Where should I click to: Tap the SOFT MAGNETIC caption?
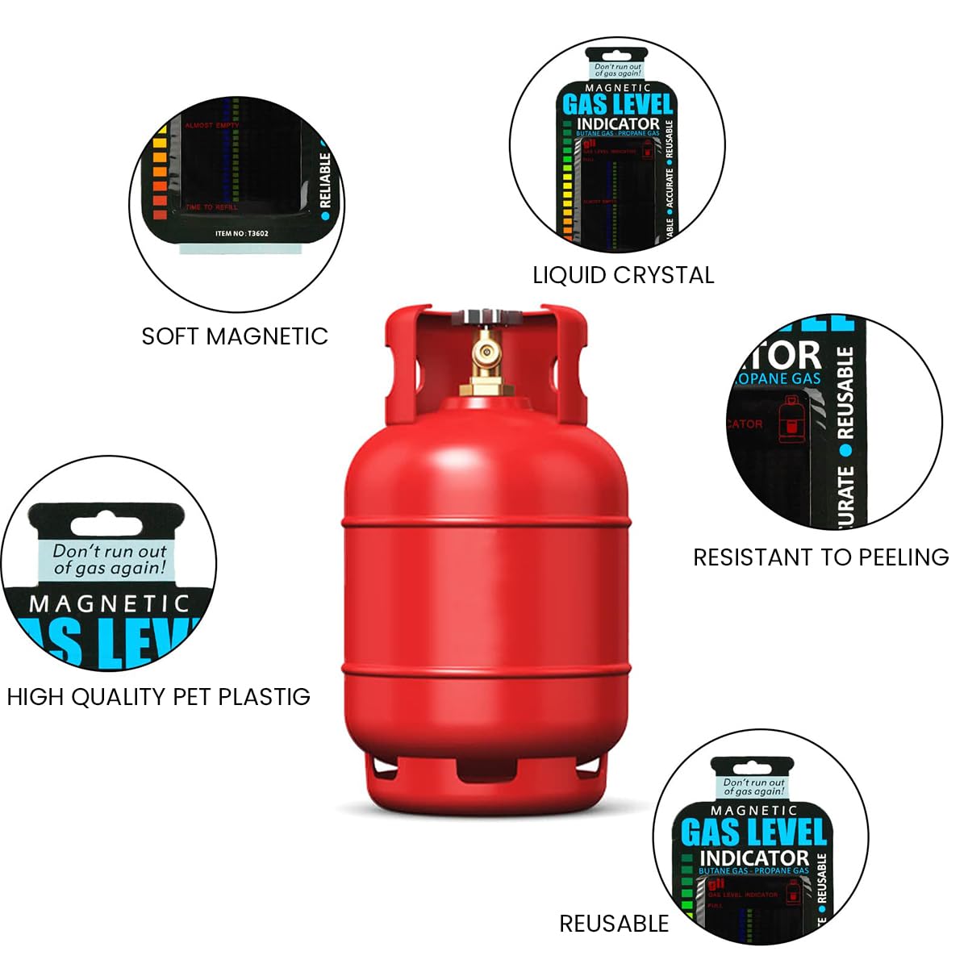235,336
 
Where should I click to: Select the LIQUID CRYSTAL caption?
623,275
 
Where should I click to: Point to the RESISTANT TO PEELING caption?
820,557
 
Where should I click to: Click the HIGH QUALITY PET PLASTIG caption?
158,697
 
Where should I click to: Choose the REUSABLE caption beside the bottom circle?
614,924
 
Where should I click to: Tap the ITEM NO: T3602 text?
242,234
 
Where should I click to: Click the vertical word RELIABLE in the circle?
325,181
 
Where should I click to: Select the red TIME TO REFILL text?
211,207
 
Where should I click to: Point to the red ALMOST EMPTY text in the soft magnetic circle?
211,126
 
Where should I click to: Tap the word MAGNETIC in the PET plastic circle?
109,603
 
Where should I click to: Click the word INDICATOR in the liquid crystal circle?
618,124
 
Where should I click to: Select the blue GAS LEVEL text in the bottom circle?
753,832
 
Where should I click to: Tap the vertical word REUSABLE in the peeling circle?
845,394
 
